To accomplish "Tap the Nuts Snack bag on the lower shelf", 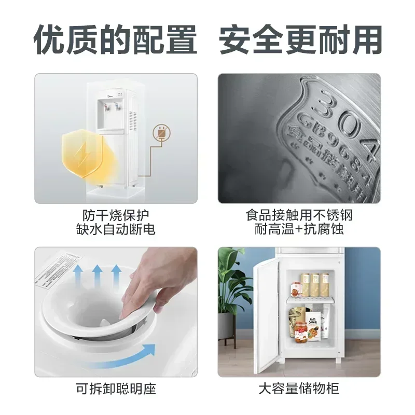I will pyautogui.click(x=313, y=324).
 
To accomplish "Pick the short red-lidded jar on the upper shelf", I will pyautogui.click(x=296, y=288).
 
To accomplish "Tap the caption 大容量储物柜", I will pyautogui.click(x=299, y=389).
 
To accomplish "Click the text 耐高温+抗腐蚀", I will pyautogui.click(x=299, y=229).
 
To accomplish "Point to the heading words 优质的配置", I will pyautogui.click(x=116, y=40).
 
